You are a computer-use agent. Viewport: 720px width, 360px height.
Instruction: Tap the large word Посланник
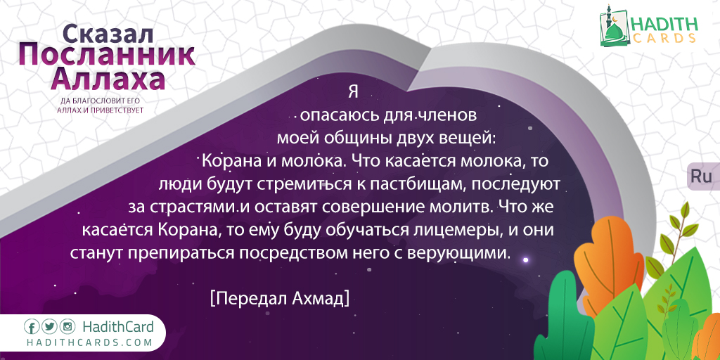[107, 57]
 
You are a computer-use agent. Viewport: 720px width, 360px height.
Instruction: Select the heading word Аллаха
[108, 79]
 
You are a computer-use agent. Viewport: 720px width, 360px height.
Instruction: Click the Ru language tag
[701, 176]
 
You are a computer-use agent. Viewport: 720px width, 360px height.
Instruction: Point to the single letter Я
[353, 92]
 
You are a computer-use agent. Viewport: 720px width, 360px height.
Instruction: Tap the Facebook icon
[32, 327]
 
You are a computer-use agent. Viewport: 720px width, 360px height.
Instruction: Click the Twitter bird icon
[50, 327]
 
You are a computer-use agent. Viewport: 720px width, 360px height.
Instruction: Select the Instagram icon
[68, 327]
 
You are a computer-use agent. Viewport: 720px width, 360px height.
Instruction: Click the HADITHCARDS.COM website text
[89, 342]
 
